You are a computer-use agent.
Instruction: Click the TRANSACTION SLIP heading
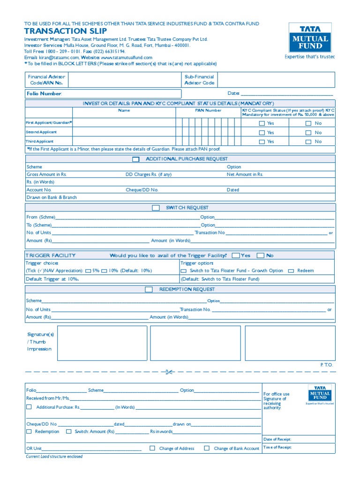click(x=59, y=31)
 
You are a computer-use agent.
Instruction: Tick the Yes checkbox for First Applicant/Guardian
click(x=262, y=123)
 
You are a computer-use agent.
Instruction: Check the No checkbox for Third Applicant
click(x=308, y=142)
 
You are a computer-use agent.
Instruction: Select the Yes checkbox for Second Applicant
click(x=262, y=133)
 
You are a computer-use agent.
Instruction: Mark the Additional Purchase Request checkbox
click(x=136, y=159)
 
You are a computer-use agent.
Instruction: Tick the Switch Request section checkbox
click(x=156, y=208)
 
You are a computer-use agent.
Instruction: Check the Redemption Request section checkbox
click(x=149, y=290)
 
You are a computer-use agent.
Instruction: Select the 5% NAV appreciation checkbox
click(x=89, y=271)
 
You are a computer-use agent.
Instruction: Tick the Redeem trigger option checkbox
click(x=291, y=271)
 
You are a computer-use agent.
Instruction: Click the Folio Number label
click(x=44, y=94)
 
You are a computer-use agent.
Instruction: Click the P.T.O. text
click(x=326, y=364)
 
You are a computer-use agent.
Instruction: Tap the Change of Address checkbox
click(x=152, y=448)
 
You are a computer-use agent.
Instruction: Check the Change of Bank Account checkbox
click(x=207, y=448)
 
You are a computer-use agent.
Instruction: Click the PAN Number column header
click(x=208, y=111)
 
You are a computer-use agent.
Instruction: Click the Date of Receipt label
click(x=277, y=440)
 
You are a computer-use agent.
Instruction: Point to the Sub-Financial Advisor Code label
click(x=199, y=80)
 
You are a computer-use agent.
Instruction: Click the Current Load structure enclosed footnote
click(x=54, y=457)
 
